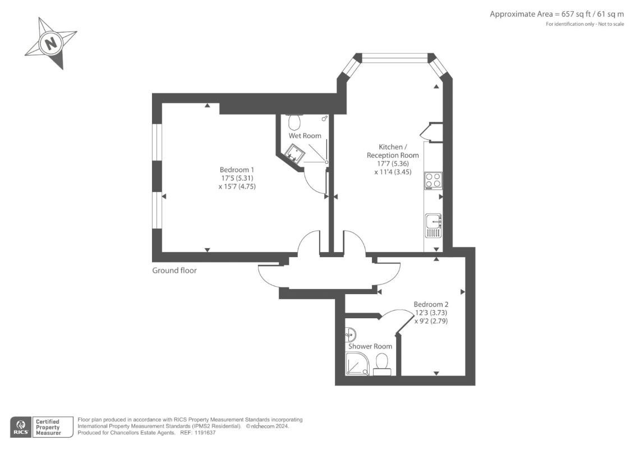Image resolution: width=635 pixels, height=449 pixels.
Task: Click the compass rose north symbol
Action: [x=50, y=43]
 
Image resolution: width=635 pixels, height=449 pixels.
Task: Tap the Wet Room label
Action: [x=305, y=136]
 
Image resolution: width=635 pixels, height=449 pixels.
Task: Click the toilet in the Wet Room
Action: [x=294, y=120]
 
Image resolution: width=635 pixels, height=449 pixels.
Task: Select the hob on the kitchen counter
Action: [x=433, y=181]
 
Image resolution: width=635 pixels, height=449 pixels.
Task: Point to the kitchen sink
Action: [x=433, y=226]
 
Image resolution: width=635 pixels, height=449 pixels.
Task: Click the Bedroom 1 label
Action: [x=237, y=170]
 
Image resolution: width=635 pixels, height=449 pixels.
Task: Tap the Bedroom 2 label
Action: [x=431, y=304]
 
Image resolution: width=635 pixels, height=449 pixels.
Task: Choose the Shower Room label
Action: [x=370, y=346]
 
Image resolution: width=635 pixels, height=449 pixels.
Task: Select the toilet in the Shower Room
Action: [x=381, y=364]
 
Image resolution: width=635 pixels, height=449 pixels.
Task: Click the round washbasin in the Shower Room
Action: [x=351, y=335]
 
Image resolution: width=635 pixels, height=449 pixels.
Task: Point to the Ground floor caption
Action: [x=174, y=271]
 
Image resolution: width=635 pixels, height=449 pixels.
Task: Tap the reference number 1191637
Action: [x=205, y=433]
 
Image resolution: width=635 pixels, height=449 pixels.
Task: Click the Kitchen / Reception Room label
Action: [x=393, y=151]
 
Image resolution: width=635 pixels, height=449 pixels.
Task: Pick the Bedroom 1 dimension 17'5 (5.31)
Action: [x=237, y=178]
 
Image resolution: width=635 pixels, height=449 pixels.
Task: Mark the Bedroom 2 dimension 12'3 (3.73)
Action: [x=431, y=313]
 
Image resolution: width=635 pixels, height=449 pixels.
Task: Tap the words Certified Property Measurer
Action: [x=48, y=428]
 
